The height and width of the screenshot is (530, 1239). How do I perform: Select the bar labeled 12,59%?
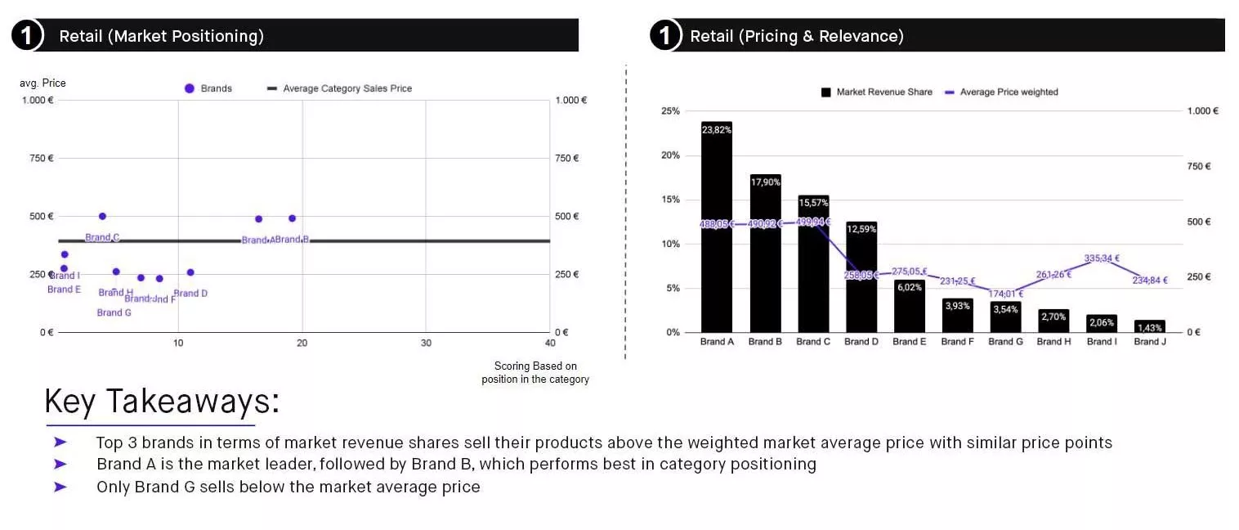[861, 278]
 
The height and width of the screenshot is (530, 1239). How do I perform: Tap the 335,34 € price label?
[1102, 258]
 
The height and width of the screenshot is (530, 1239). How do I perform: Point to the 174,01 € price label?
[1005, 294]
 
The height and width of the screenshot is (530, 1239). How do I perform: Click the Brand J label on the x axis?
[1149, 342]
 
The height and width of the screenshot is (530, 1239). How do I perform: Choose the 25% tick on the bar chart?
[669, 111]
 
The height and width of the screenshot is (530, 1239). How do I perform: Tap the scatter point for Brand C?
[102, 216]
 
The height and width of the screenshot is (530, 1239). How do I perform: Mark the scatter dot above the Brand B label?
[292, 218]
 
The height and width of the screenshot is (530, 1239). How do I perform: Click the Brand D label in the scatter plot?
[190, 294]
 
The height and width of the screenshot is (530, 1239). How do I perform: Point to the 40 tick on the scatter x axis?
[550, 344]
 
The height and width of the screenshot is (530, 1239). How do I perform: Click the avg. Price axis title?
[42, 83]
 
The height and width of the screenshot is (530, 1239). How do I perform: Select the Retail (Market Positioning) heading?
[161, 36]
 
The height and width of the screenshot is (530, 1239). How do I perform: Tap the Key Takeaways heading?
[161, 402]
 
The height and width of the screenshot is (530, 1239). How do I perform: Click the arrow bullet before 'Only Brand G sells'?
[60, 487]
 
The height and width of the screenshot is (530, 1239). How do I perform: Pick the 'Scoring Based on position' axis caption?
[535, 373]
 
